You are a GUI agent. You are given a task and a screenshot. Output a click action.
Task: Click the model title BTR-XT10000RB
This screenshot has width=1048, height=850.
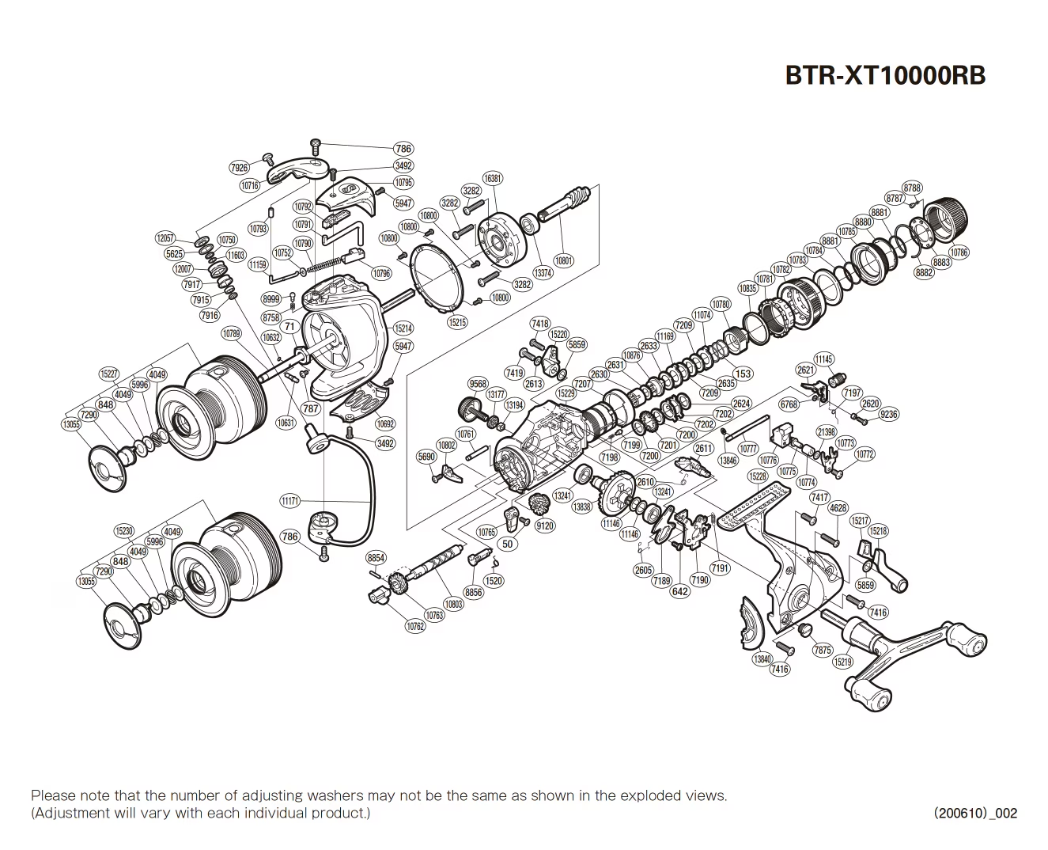(884, 75)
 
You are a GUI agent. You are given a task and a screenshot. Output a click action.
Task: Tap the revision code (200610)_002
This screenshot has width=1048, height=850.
(975, 813)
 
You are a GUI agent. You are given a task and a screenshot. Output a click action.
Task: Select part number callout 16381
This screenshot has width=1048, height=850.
(493, 179)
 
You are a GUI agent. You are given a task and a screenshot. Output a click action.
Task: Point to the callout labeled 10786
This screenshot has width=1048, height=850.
(959, 252)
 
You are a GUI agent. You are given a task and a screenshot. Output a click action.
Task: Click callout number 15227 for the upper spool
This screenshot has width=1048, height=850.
(110, 374)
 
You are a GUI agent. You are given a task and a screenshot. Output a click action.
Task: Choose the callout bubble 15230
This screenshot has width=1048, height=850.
(124, 531)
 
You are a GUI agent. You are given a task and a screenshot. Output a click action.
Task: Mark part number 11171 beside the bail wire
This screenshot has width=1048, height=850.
(290, 501)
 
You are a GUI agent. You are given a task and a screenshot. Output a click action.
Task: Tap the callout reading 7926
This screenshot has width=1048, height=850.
(239, 168)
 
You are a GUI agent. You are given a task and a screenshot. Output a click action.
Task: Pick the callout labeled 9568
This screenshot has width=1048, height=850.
(478, 384)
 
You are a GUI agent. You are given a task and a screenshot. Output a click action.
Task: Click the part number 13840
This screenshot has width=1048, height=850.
(762, 658)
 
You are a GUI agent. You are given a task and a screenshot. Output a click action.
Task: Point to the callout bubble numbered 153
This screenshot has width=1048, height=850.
(743, 374)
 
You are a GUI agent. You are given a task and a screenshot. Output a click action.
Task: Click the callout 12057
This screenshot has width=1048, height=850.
(165, 237)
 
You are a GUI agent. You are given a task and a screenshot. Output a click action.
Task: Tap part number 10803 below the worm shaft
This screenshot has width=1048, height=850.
(453, 604)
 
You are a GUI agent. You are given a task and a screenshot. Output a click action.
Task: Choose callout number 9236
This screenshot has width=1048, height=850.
(888, 414)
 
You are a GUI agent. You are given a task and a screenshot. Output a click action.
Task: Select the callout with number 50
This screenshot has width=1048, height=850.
(508, 544)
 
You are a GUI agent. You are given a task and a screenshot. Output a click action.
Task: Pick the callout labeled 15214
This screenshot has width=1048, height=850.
(403, 328)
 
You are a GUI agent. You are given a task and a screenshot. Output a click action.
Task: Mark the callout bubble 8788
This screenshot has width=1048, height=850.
(912, 188)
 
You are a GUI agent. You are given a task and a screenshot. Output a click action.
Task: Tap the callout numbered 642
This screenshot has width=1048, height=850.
(679, 591)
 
